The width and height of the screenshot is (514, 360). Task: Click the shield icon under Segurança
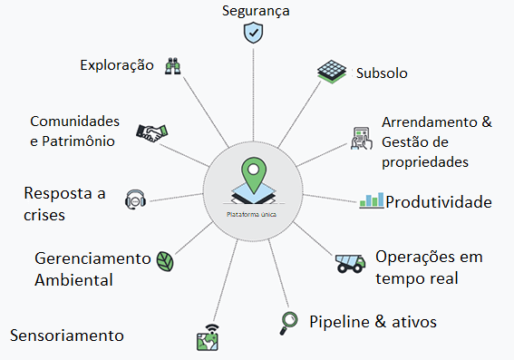(253, 33)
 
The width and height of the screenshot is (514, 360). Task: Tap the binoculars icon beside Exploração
(173, 66)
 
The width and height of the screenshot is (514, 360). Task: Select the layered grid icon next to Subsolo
(332, 72)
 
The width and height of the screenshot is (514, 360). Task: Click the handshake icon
(151, 133)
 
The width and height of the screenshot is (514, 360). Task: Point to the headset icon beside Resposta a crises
(135, 199)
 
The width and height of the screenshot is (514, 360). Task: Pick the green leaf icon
(165, 261)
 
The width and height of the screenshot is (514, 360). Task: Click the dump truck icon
(351, 263)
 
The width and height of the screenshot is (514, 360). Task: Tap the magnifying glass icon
(288, 324)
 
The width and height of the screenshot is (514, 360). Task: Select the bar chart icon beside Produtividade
(372, 200)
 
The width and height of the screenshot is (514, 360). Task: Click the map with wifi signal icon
(208, 337)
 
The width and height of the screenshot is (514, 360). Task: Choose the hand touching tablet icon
(362, 139)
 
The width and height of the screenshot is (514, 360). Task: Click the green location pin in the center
(254, 175)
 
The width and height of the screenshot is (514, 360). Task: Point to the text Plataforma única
(251, 214)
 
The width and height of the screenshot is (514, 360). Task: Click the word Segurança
(256, 11)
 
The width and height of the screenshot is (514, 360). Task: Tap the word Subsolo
(382, 73)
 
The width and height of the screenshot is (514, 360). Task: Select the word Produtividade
(439, 202)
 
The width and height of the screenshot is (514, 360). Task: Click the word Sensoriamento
(67, 336)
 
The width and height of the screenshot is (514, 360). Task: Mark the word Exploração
(117, 65)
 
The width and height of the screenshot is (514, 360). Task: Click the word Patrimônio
(78, 141)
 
